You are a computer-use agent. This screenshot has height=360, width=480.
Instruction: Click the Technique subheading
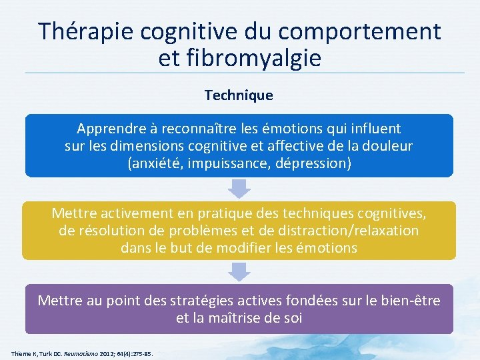pyautogui.click(x=239, y=95)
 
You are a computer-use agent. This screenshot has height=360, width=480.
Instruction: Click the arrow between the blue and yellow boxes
pyautogui.click(x=239, y=189)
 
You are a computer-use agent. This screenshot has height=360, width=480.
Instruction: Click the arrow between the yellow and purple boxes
pyautogui.click(x=239, y=271)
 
